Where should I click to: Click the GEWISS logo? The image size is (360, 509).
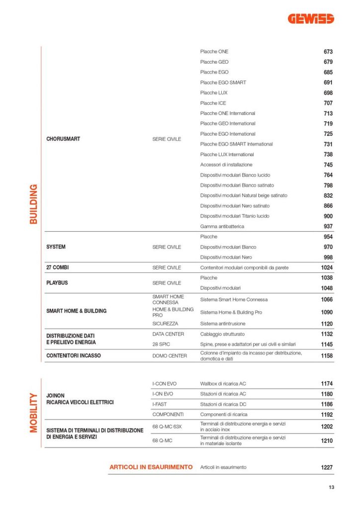[311, 19]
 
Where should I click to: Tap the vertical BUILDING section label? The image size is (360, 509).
[33, 204]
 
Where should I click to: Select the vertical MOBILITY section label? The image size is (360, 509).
[33, 413]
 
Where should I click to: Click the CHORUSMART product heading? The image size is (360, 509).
[63, 139]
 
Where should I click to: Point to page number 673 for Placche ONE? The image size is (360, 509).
[328, 52]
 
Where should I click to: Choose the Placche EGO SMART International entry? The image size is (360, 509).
[236, 144]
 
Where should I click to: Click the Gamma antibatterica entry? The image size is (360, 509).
[222, 227]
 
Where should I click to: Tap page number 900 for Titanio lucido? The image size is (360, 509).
[328, 216]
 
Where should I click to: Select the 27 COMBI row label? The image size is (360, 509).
[58, 267]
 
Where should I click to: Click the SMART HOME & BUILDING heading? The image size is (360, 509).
[76, 311]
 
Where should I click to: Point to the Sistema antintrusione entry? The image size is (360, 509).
[224, 324]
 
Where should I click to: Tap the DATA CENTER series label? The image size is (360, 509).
[168, 334]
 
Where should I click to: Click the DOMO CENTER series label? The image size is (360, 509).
[170, 356]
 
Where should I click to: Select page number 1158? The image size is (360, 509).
[327, 356]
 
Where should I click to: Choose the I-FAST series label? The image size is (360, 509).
[160, 404]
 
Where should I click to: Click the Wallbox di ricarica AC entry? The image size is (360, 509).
[223, 384]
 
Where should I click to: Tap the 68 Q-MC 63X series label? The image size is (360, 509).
[167, 426]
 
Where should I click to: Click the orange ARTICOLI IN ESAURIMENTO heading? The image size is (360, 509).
[151, 467]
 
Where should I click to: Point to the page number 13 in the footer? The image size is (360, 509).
[331, 487]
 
